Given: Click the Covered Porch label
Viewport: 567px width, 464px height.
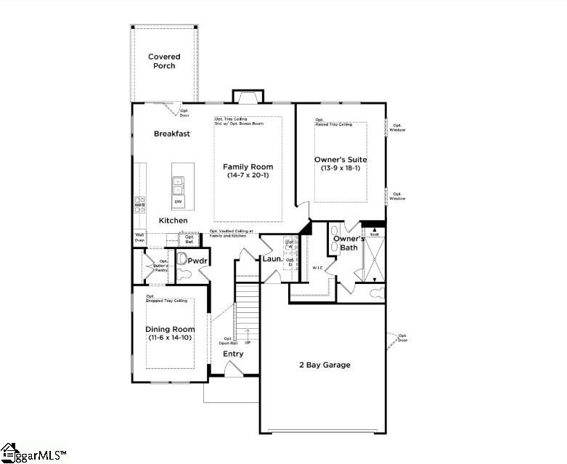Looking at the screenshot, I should [163, 61].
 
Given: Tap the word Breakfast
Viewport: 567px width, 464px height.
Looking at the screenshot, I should [172, 134].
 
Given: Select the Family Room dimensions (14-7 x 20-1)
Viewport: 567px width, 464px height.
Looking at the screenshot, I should [248, 176].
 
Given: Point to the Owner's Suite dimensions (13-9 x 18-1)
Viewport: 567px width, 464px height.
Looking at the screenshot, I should [340, 168].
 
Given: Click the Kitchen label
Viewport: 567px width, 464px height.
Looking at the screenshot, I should [173, 220].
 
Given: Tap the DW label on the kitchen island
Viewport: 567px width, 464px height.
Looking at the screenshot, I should [178, 201].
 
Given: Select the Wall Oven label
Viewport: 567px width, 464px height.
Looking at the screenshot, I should [139, 237].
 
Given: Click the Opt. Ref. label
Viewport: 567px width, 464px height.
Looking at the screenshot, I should [189, 238].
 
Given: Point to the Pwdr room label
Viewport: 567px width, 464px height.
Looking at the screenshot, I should [198, 260].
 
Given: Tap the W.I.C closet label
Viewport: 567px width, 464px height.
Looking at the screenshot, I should [317, 267].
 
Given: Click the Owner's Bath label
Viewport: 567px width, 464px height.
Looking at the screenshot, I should [348, 243].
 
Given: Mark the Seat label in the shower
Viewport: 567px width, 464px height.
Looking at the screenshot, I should [375, 235].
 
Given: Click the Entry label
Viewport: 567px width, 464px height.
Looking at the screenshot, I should [233, 354].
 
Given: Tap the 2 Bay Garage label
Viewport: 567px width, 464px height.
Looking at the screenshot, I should [325, 365].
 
